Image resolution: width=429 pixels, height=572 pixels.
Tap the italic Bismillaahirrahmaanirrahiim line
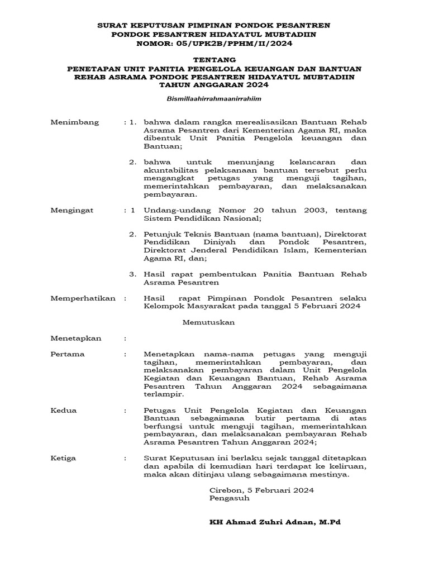tap(214, 98)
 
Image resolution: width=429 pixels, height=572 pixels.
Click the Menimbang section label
tap(75, 122)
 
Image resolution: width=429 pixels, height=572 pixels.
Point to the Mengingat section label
tap(72, 210)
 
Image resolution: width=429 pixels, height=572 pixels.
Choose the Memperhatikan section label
tap(83, 298)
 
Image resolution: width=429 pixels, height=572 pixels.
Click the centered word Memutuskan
tap(209, 322)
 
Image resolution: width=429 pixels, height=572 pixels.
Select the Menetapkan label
tap(76, 338)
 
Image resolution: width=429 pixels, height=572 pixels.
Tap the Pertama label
tap(68, 354)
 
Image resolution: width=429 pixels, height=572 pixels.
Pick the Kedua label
tap(64, 410)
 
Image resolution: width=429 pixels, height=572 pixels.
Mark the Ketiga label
tap(64, 458)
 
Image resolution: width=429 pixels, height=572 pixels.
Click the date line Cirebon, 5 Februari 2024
tap(261, 490)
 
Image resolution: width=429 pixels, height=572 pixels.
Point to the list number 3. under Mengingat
tap(133, 274)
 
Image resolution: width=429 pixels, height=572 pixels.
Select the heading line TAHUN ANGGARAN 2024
tap(214, 85)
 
